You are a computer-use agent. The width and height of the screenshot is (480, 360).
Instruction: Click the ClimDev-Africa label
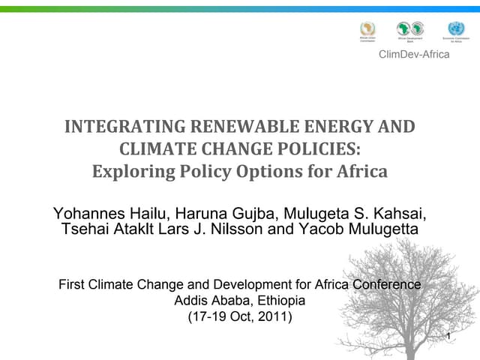pyautogui.click(x=414, y=54)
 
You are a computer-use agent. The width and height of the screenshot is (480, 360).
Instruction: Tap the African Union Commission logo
pyautogui.click(x=367, y=28)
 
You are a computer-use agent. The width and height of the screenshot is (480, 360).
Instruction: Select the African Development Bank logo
pyautogui.click(x=410, y=28)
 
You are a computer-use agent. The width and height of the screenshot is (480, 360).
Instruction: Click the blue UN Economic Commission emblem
pyautogui.click(x=455, y=28)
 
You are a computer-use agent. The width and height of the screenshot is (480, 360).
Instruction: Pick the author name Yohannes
pyautogui.click(x=85, y=212)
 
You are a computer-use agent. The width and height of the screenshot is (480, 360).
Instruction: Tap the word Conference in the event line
pyautogui.click(x=387, y=285)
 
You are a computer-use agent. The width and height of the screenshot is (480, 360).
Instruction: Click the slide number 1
pyautogui.click(x=448, y=336)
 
